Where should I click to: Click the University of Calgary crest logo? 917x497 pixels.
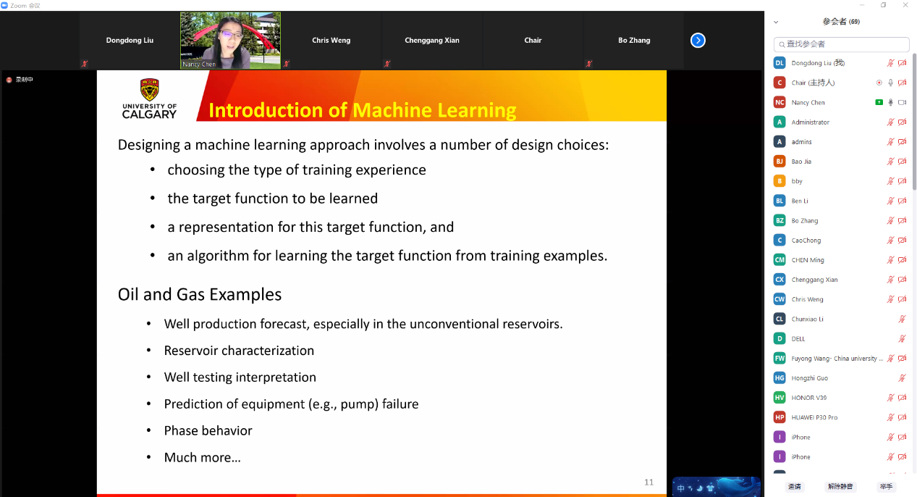tap(149, 89)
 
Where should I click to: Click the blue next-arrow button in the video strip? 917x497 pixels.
tap(698, 40)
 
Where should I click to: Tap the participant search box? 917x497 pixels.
tap(841, 44)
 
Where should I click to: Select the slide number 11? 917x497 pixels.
tap(649, 483)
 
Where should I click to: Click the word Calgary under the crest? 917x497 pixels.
tap(149, 114)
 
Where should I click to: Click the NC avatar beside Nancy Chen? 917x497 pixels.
tap(779, 102)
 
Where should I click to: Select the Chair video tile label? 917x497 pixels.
tap(533, 40)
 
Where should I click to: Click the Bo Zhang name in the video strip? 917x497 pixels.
tap(634, 40)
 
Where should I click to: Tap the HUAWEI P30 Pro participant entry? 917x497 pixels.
tap(814, 417)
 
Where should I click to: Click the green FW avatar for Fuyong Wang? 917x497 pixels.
tap(779, 359)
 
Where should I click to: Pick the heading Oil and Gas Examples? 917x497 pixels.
tap(200, 295)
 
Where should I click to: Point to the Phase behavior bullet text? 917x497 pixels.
tap(208, 430)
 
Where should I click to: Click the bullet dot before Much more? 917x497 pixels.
tap(148, 456)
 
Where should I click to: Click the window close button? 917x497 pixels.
tap(905, 5)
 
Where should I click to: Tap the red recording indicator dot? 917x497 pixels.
tap(9, 80)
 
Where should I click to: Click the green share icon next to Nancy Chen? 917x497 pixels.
tap(879, 102)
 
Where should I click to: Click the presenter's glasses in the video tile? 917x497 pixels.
tap(230, 35)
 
